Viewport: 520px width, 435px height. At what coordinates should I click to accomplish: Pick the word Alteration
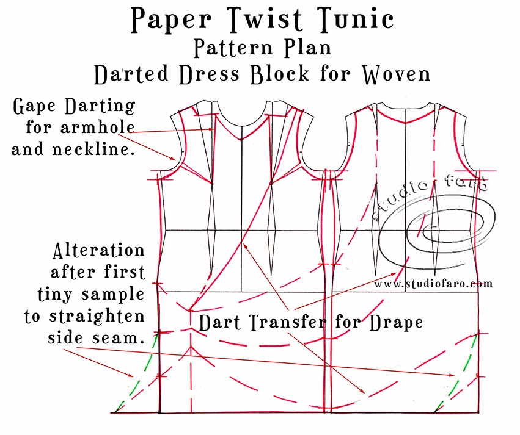[x=99, y=250]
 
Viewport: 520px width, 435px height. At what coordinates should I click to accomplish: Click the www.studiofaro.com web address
[x=433, y=284]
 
